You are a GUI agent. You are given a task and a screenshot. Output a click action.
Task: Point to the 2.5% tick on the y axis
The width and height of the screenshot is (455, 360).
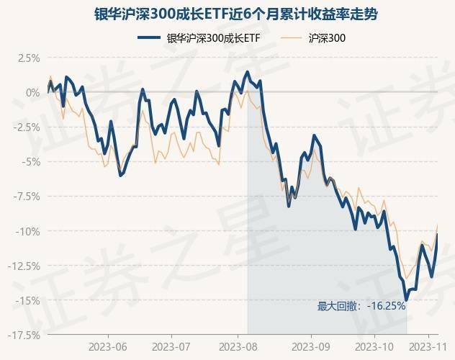(27, 58)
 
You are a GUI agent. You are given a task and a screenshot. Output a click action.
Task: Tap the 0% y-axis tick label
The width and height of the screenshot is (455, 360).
(32, 92)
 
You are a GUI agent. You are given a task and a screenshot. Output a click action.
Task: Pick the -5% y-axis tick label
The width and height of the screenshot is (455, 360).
(30, 161)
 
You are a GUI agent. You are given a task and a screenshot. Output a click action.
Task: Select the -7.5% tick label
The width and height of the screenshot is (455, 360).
(25, 196)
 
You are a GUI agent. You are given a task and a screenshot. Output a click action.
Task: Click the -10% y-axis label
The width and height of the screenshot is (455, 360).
(27, 230)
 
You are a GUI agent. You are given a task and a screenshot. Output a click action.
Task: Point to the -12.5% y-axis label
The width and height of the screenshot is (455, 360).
(23, 265)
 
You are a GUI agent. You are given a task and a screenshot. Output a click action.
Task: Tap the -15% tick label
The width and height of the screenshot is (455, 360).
(27, 300)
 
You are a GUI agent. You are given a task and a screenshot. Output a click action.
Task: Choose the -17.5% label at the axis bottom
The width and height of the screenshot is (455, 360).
(23, 334)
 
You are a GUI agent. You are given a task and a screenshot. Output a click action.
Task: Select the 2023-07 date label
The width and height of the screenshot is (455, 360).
(173, 346)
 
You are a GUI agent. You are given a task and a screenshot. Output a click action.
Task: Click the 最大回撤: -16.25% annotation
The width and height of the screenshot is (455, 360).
(361, 306)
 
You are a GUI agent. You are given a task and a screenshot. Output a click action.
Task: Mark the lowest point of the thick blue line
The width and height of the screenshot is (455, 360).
(406, 300)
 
